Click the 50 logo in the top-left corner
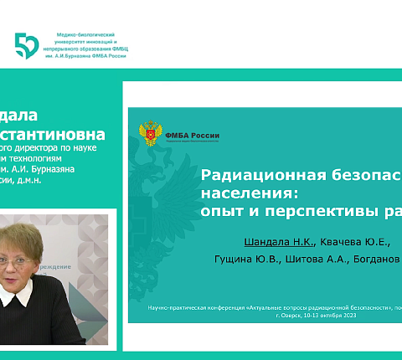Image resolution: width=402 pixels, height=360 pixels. (27, 45)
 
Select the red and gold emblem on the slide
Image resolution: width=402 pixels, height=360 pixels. (150, 134)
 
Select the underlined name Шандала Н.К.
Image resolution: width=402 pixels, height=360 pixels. (279, 242)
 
